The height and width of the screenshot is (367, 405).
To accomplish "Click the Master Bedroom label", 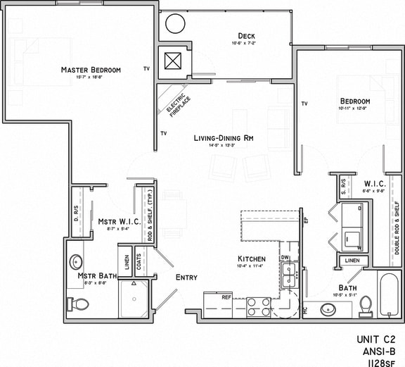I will (91, 70).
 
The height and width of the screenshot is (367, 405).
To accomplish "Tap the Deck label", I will (246, 36).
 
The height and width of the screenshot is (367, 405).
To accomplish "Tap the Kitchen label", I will (251, 259).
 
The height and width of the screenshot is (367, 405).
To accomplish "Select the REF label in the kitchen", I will (226, 297).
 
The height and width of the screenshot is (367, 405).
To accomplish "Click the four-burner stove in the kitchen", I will (258, 306).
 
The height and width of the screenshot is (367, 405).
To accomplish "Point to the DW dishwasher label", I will (285, 258).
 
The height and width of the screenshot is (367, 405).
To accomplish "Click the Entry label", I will (186, 277).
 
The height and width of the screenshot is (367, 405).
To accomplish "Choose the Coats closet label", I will (139, 263).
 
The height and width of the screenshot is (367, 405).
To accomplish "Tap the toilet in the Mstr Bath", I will (79, 305).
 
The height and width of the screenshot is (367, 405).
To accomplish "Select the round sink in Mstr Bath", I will (77, 263).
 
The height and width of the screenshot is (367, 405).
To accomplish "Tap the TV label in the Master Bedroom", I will (146, 69).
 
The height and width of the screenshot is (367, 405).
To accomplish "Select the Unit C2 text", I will (377, 340).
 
